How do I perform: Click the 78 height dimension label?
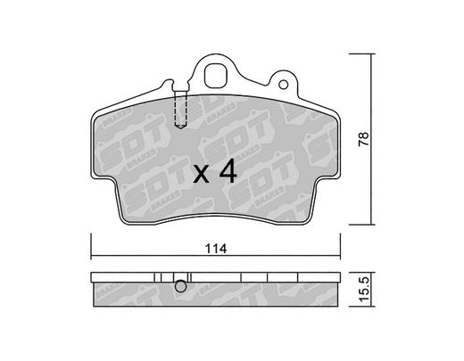(363, 139)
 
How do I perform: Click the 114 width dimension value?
(216, 249)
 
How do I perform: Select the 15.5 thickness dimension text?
(364, 289)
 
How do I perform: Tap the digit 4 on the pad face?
(228, 172)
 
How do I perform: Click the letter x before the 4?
(202, 175)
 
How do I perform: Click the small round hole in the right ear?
(284, 85)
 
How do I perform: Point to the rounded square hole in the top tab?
(216, 76)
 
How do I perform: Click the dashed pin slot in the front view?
(180, 109)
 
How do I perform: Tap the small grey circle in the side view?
(180, 286)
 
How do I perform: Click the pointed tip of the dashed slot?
(180, 128)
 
